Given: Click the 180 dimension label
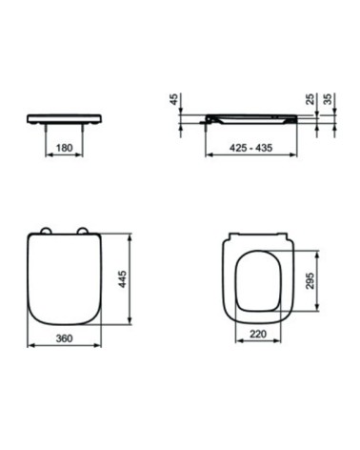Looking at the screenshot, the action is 64,148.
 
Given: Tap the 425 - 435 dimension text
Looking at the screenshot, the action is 250,148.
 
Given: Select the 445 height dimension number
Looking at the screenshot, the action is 122,279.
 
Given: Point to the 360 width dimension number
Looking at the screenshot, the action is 64,338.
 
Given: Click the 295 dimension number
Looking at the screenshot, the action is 310,280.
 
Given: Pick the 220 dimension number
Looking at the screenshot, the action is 258,334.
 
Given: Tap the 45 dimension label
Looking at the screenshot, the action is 174,99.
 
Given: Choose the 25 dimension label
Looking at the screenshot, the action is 310,99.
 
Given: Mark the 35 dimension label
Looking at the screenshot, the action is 328,99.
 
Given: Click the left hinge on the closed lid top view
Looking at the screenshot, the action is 46,231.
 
